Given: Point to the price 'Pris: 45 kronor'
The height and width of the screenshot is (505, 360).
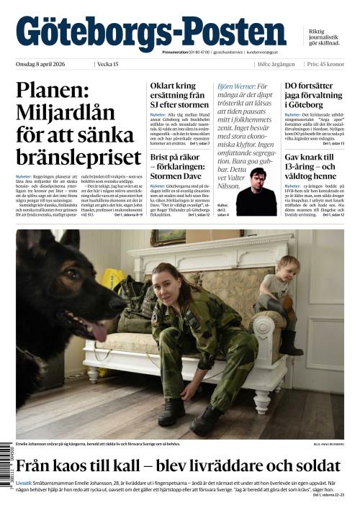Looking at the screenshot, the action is pyautogui.click(x=325, y=65).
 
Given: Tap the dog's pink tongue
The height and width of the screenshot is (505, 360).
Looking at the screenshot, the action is pyautogui.click(x=95, y=335).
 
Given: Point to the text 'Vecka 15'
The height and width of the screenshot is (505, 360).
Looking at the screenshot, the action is pyautogui.click(x=108, y=65).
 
